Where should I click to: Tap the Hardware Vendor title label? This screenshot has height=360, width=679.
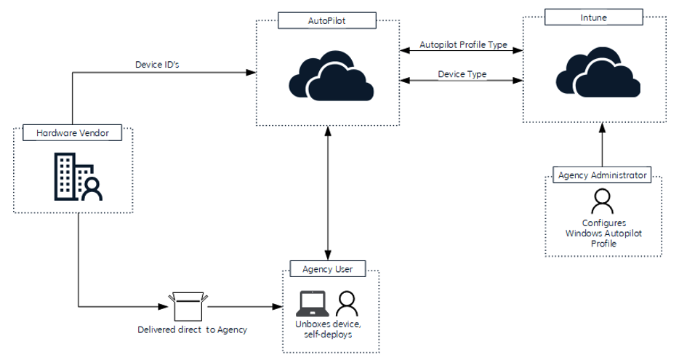72,133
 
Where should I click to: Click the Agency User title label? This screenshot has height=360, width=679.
327,269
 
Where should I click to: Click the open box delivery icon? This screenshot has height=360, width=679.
188,305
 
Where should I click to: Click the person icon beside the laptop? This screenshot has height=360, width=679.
347,302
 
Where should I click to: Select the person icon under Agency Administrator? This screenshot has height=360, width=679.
602,199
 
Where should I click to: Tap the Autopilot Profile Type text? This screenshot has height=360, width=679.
463,44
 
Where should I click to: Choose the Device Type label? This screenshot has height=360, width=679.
462,74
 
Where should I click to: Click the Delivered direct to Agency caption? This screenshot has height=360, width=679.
192,329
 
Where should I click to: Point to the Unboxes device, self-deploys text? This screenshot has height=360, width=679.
327,329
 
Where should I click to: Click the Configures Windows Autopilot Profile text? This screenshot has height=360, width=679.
603,233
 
